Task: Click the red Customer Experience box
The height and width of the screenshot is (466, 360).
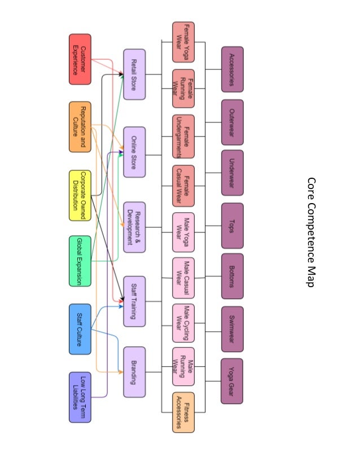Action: pos(80,59)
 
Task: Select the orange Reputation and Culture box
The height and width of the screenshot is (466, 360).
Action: pos(80,126)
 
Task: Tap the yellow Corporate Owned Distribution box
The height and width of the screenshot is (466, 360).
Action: pos(80,195)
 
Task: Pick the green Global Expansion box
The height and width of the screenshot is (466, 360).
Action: pos(80,261)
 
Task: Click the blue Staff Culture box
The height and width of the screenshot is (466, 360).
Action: pos(80,329)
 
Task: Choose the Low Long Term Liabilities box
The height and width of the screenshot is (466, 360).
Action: pos(80,397)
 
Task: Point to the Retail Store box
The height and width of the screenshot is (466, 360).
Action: pos(134,74)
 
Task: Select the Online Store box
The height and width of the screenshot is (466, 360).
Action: pos(134,152)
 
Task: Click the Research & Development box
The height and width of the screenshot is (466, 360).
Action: pos(134,227)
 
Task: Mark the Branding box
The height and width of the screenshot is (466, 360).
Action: pos(134,372)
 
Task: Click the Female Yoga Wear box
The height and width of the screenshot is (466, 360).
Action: pos(183,38)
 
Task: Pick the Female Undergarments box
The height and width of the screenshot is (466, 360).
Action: pos(183,137)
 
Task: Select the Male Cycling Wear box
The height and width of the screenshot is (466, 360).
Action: pos(183,323)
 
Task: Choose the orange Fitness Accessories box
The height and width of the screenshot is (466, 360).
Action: pos(183,412)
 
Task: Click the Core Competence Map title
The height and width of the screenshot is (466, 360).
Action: pos(310,232)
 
